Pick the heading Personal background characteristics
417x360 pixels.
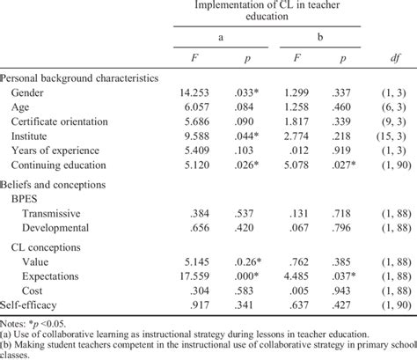(x=79, y=77)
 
